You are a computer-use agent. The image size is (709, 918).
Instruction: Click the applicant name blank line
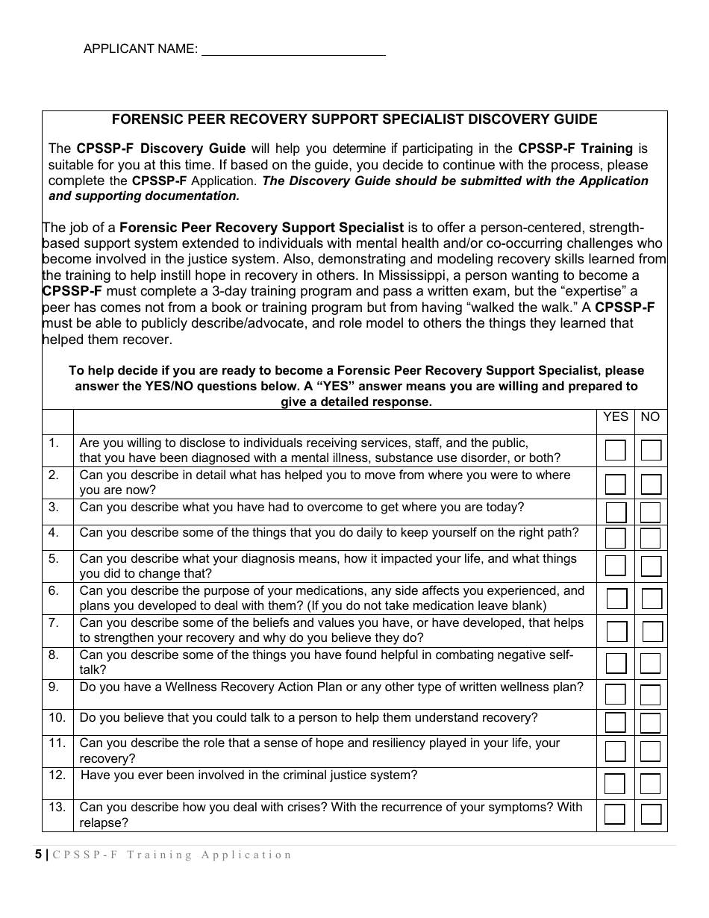293,50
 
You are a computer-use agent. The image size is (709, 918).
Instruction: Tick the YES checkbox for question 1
615,451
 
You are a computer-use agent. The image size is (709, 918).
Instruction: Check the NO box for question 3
651,512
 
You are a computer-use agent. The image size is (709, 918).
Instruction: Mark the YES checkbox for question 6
616,599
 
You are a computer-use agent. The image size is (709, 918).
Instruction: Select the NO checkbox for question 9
651,694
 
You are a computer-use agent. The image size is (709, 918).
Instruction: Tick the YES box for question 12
615,784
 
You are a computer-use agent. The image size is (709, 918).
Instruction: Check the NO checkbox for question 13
651,814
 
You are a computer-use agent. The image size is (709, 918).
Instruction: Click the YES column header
616,417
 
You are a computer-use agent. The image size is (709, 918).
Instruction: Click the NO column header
650,417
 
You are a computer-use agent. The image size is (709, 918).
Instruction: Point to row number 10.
57,718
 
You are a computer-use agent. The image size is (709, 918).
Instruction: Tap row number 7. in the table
54,622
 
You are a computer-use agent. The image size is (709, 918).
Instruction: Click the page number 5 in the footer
39,855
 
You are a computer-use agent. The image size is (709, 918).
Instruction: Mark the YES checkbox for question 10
615,722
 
